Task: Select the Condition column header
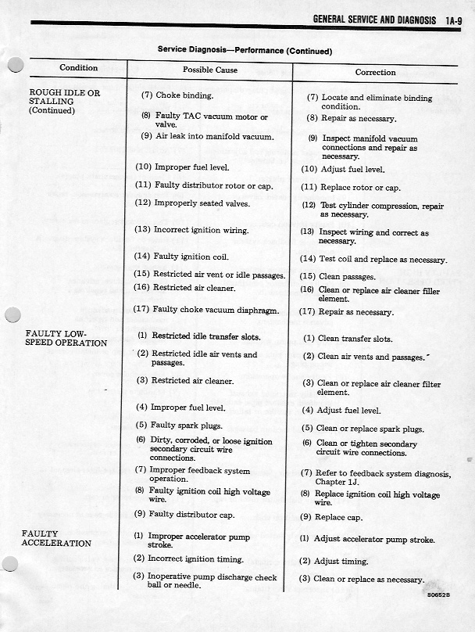coord(78,68)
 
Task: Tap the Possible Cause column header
coord(209,70)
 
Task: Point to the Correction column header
coord(375,72)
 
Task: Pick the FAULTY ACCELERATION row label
coord(56,538)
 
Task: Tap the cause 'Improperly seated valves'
coord(191,203)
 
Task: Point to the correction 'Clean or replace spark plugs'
coord(362,429)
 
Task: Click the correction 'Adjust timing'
coord(334,561)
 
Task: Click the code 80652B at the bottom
coord(440,594)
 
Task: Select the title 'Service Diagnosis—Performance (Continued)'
coord(245,50)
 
